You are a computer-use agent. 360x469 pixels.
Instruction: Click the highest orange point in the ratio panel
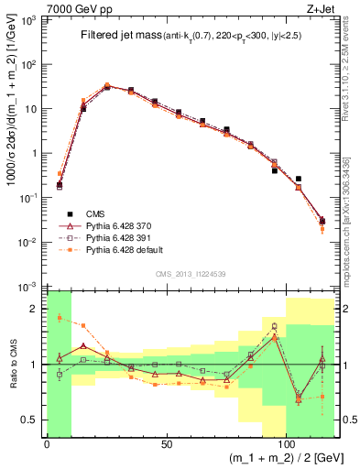60,318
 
